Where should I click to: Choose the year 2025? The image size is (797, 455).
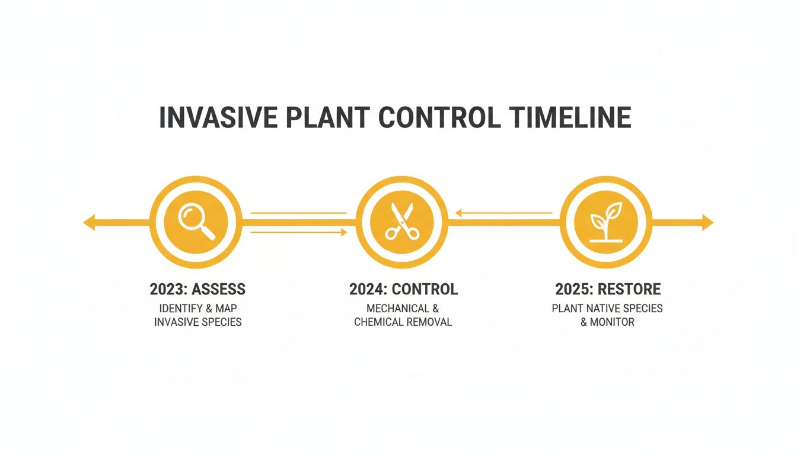572,289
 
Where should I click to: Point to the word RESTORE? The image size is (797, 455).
629,289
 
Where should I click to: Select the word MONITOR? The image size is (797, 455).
613,322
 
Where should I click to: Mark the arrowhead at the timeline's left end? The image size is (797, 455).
89,223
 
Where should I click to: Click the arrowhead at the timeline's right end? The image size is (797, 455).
707,223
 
